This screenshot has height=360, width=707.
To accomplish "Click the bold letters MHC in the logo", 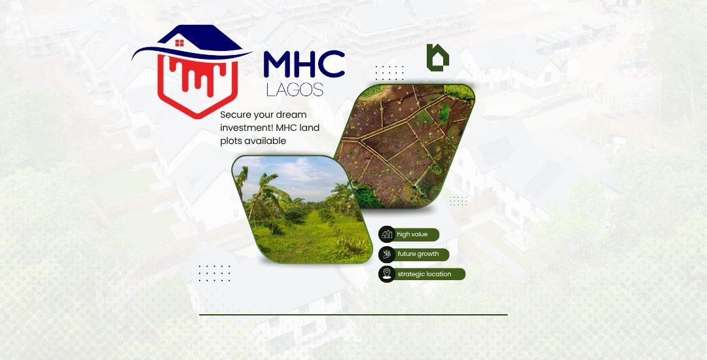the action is pos(304,64).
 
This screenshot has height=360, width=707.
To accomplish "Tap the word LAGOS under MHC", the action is pos(295,90).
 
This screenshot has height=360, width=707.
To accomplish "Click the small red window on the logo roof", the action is pos(179,43).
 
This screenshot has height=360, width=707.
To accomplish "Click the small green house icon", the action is pos(437,58).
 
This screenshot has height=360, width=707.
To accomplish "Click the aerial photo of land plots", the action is pos(404,147).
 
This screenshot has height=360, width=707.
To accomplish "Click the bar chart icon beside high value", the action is pos(387,234).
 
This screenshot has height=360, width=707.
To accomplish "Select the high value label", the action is pos(412,234).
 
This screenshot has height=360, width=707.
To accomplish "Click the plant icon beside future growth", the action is pos(387,254).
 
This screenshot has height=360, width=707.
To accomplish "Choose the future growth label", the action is pos(418,254).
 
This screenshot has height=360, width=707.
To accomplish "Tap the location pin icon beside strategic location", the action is pos(387,274).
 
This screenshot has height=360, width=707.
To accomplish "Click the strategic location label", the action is pos(424,274).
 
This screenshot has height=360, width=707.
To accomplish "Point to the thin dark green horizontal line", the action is pos(353,314).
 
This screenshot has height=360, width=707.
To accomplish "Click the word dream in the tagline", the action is pos(291,115).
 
